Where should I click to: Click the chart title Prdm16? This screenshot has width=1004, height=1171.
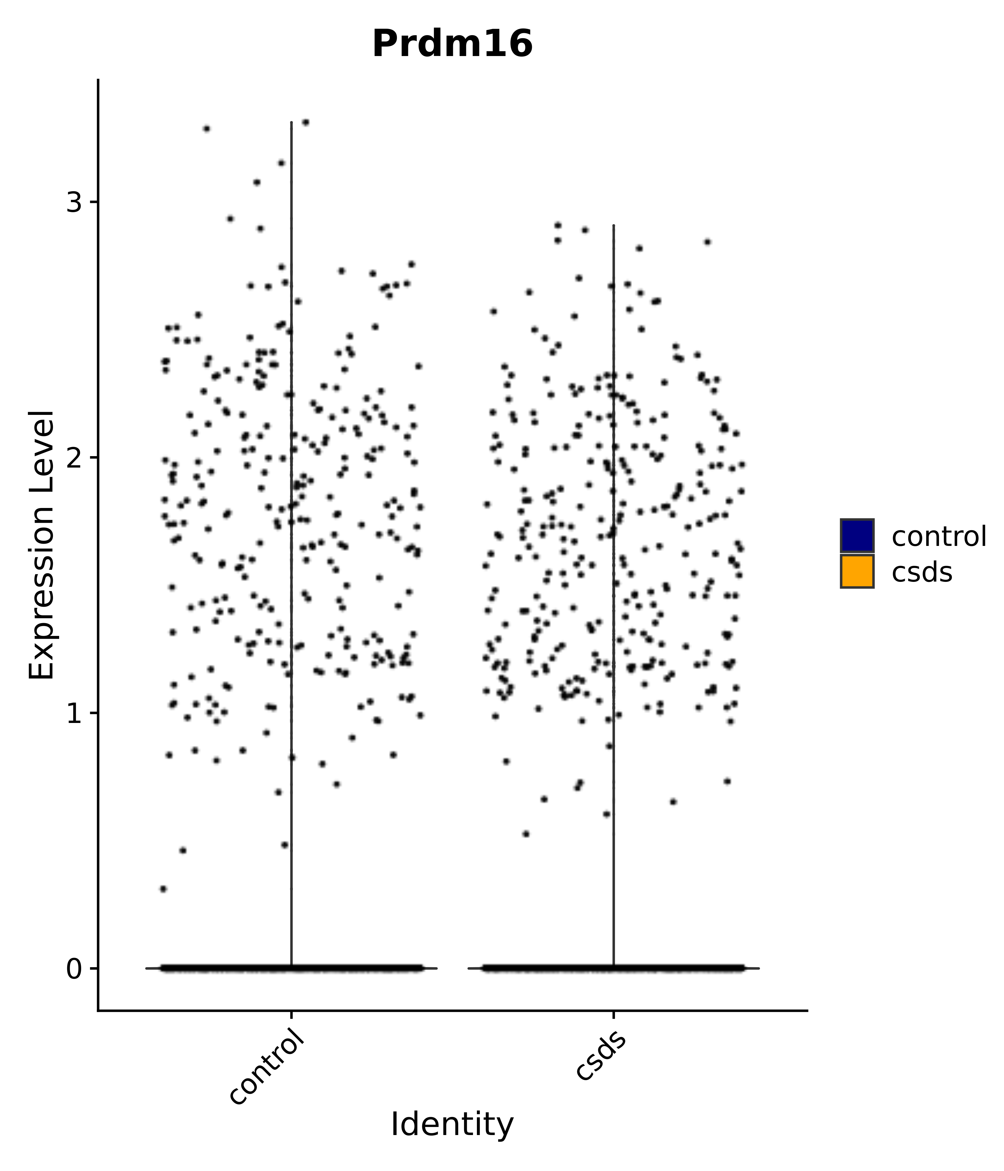pos(452,44)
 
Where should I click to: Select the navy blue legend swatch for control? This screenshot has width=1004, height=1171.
pos(856,535)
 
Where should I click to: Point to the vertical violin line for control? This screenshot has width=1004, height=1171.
pos(291,509)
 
